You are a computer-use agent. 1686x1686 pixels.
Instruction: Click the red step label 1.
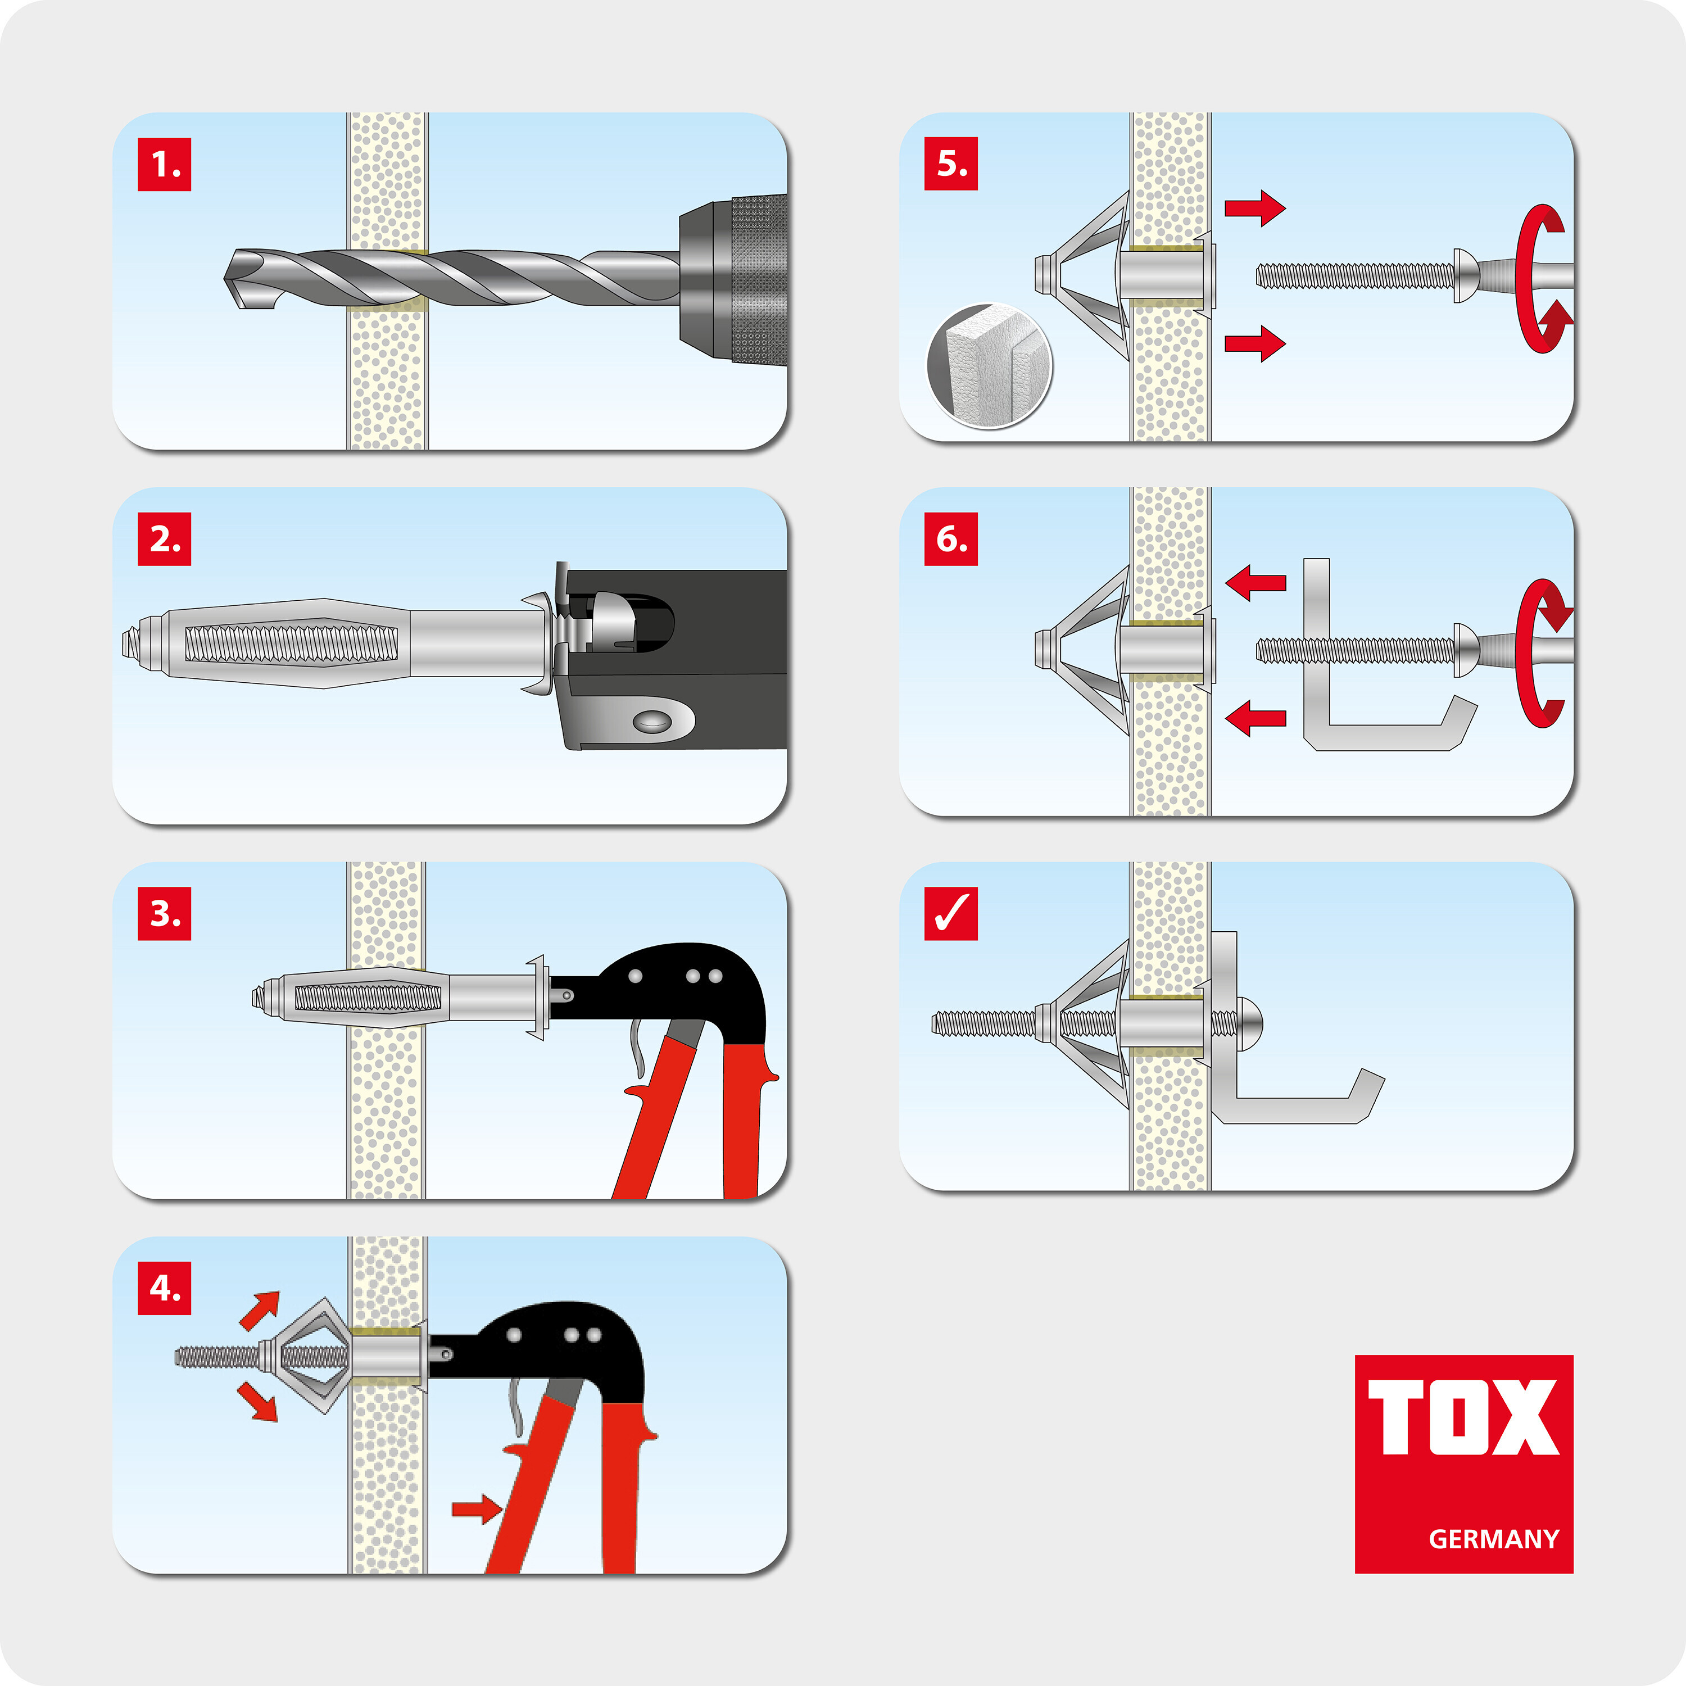click(x=164, y=164)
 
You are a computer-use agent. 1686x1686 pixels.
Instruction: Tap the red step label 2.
click(x=164, y=540)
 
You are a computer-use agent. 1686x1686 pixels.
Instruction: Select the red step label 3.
click(x=164, y=914)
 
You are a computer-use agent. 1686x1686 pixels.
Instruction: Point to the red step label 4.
click(x=164, y=1288)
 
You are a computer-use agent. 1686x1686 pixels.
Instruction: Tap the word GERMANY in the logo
click(x=1493, y=1539)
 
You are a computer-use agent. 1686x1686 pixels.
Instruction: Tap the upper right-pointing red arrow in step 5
click(x=1254, y=208)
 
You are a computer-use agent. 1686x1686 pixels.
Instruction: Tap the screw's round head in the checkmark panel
click(x=1250, y=1023)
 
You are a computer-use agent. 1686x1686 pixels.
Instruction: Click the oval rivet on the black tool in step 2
click(x=652, y=721)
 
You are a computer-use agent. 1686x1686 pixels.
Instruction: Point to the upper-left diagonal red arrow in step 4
click(x=260, y=1310)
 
